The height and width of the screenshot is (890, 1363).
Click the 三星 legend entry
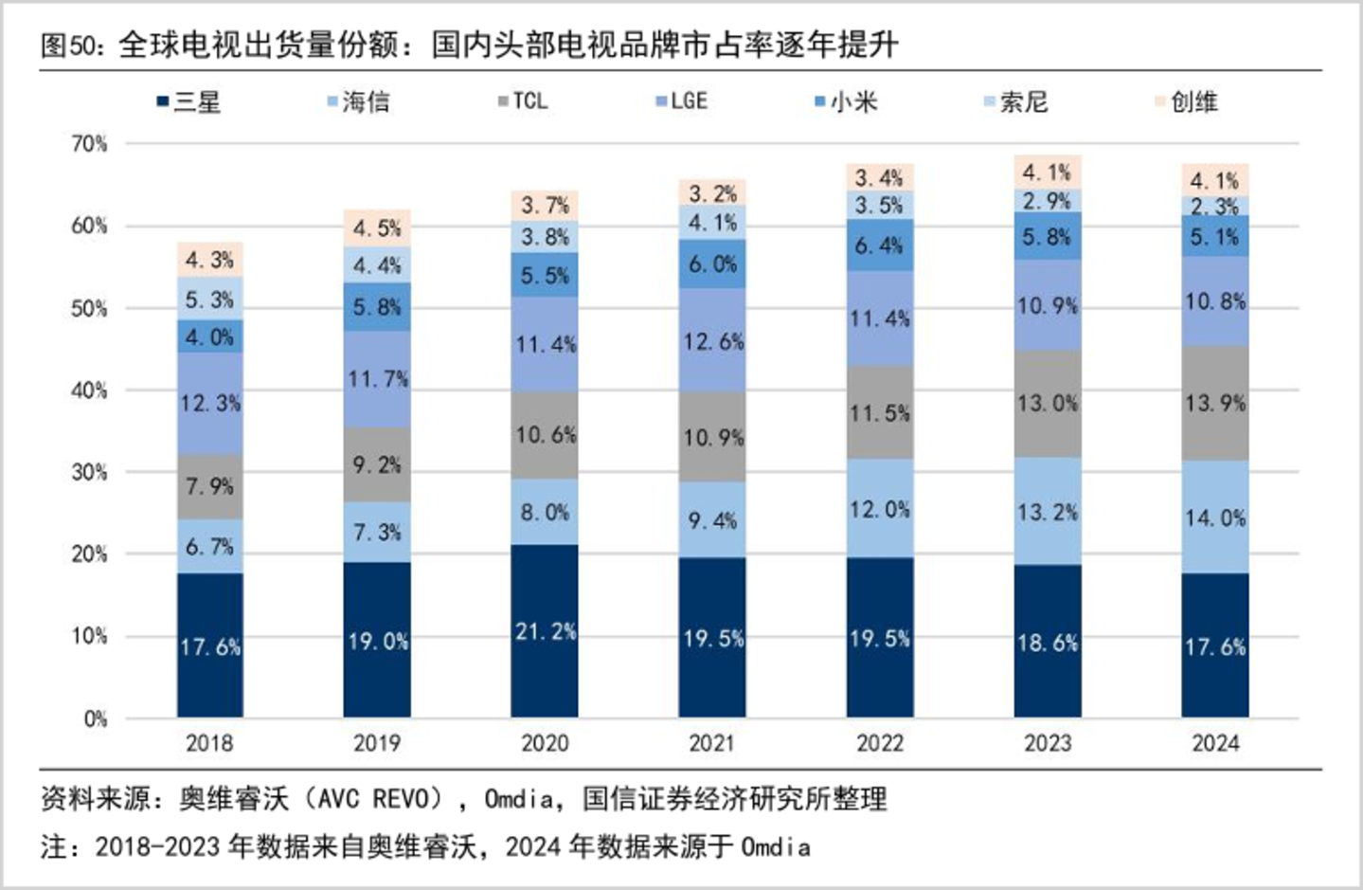(x=188, y=101)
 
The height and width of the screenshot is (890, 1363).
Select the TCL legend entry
(x=523, y=100)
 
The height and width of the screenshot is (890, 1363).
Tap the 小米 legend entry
(x=846, y=101)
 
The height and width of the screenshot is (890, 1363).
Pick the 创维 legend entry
(x=1187, y=101)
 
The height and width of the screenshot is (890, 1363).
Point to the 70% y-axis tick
(x=89, y=144)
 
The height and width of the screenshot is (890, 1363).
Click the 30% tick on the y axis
(x=89, y=472)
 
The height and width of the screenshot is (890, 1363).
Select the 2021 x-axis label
(x=712, y=743)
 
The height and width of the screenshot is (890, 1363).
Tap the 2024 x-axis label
(x=1215, y=743)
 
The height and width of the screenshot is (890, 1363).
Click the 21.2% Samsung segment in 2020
(x=545, y=631)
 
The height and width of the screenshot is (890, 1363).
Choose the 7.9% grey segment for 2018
(x=210, y=487)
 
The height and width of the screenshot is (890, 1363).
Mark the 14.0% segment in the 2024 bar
(x=1215, y=517)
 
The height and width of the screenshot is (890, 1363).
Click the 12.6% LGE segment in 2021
(x=712, y=340)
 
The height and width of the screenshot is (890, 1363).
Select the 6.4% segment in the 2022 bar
(x=880, y=245)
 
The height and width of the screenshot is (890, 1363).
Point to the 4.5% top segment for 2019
(x=377, y=228)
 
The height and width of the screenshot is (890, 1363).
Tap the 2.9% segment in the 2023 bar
(x=1048, y=201)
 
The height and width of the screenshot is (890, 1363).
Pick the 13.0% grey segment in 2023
(x=1048, y=404)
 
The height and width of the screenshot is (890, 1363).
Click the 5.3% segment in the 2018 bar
(x=210, y=299)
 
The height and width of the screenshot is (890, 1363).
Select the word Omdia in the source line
(x=519, y=799)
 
